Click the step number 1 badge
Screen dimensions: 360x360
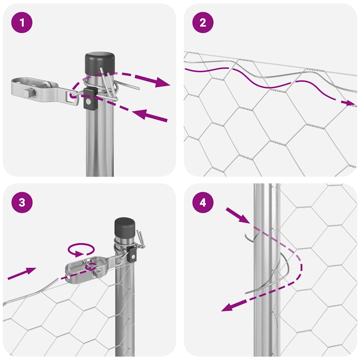(22, 23)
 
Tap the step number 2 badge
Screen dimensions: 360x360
(202, 23)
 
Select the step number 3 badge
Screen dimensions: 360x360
(22, 203)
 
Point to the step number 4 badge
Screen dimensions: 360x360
(202, 203)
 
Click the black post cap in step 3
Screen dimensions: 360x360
(125, 227)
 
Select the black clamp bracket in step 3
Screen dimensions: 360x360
(132, 253)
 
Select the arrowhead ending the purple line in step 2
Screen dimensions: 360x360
(350, 103)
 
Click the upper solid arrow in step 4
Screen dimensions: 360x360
(237, 215)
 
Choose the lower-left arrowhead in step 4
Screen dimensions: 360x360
(229, 307)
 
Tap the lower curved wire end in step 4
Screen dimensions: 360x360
(267, 285)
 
